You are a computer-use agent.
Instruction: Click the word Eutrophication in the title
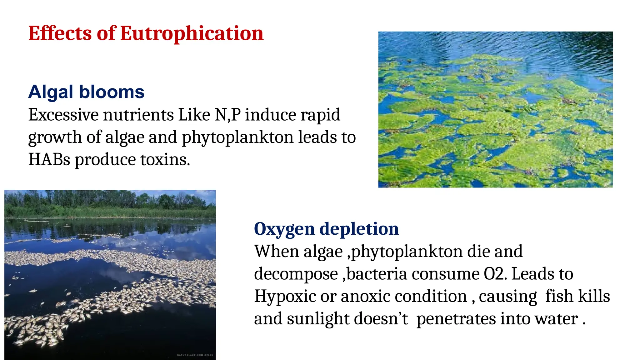tap(192, 33)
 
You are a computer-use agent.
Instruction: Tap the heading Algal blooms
tap(86, 92)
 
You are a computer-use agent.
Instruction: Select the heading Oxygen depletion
tap(326, 229)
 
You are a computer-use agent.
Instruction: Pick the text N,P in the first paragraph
tap(227, 115)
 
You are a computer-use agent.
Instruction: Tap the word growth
tap(55, 137)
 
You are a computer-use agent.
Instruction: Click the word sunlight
tap(318, 319)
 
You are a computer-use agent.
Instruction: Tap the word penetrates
tap(456, 319)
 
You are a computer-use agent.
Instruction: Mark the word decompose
tap(296, 274)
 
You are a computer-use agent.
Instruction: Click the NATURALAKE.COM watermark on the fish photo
tap(195, 355)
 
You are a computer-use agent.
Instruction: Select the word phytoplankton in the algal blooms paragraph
tap(237, 137)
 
